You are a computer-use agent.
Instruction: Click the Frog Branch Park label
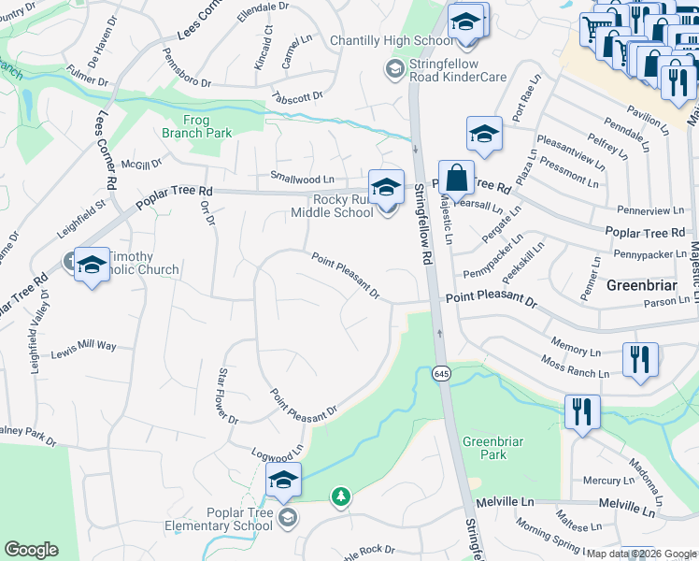click(x=196, y=125)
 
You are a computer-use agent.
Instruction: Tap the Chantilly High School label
click(x=391, y=41)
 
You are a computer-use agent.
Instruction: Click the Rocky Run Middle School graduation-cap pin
click(x=385, y=185)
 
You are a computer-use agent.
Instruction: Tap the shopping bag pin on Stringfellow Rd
click(x=455, y=176)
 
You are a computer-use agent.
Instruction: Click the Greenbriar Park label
click(x=484, y=447)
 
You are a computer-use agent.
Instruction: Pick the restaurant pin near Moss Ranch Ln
click(x=640, y=359)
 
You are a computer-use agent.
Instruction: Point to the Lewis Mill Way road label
click(x=83, y=346)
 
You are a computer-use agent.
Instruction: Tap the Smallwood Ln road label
click(x=302, y=178)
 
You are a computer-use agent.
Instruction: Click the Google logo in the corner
click(x=31, y=550)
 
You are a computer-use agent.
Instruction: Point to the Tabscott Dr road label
click(x=296, y=97)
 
